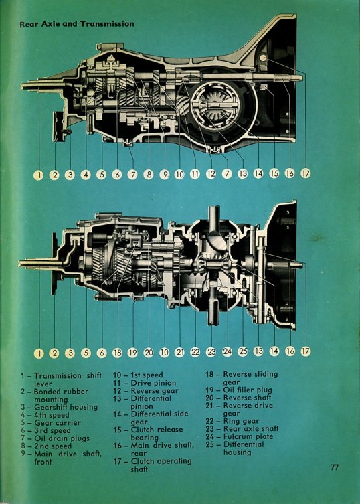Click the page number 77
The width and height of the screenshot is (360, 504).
pyautogui.click(x=335, y=467)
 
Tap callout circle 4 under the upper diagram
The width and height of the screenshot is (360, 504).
pyautogui.click(x=86, y=175)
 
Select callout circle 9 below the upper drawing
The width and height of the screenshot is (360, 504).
pyautogui.click(x=164, y=175)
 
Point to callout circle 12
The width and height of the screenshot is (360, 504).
pyautogui.click(x=211, y=174)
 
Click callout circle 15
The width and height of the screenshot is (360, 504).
pyautogui.click(x=274, y=173)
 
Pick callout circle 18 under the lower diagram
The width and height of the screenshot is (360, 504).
pyautogui.click(x=117, y=353)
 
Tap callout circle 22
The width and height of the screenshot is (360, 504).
pyautogui.click(x=195, y=352)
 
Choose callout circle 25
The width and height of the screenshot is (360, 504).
pyautogui.click(x=243, y=351)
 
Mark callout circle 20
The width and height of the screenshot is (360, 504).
pyautogui.click(x=149, y=353)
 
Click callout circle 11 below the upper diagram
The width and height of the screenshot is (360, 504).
pyautogui.click(x=195, y=174)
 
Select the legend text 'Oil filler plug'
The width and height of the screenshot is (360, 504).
pyautogui.click(x=248, y=390)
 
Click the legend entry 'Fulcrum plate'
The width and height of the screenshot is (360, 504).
pyautogui.click(x=248, y=436)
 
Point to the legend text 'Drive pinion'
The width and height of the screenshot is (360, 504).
pyautogui.click(x=153, y=383)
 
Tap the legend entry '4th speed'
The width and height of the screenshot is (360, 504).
pyautogui.click(x=52, y=415)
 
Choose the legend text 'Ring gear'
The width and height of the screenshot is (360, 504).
pyautogui.click(x=241, y=421)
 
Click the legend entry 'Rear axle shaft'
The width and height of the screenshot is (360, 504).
pyautogui.click(x=251, y=429)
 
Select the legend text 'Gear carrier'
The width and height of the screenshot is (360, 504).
pyautogui.click(x=58, y=423)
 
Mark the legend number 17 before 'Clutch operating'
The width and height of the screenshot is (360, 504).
pyautogui.click(x=117, y=461)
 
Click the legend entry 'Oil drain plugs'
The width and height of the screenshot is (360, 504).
pyautogui.click(x=62, y=438)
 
